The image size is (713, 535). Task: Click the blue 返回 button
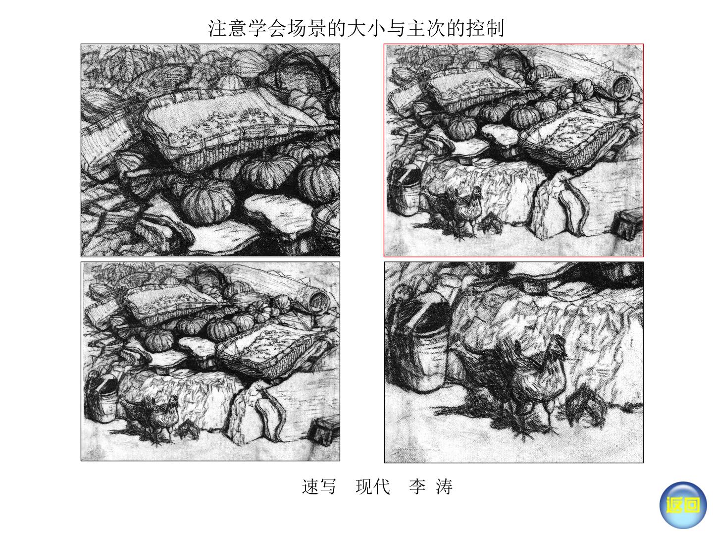click(683, 505)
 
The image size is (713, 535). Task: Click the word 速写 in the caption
click(319, 487)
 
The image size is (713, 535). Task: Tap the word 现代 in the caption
click(372, 487)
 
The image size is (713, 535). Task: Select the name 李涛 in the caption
click(431, 487)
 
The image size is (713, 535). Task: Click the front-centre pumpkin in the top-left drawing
click(208, 202)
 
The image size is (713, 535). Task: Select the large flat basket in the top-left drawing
click(234, 130)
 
